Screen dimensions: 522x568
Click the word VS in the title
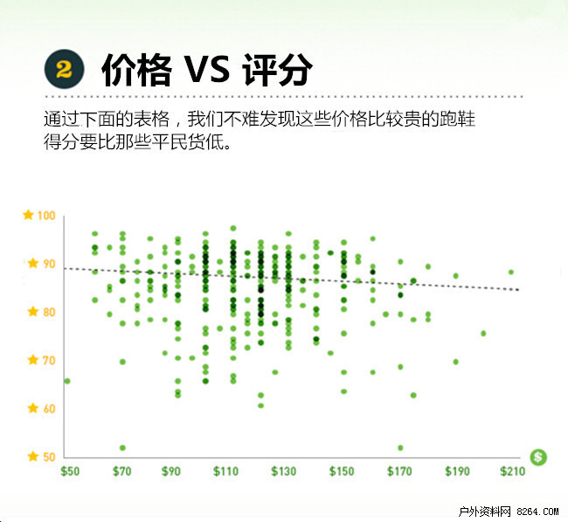point(207,70)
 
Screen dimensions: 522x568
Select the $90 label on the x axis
point(170,471)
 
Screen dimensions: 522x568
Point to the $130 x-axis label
point(284,471)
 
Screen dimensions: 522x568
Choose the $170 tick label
point(399,471)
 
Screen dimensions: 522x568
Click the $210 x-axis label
point(512,471)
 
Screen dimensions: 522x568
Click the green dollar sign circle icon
point(538,457)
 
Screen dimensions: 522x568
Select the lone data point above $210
point(511,272)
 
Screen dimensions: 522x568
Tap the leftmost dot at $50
point(67,381)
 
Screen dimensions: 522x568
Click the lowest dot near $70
point(122,448)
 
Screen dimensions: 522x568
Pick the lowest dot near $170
point(400,448)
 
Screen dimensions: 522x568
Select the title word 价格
point(136,70)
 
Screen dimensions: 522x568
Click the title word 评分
point(277,70)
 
